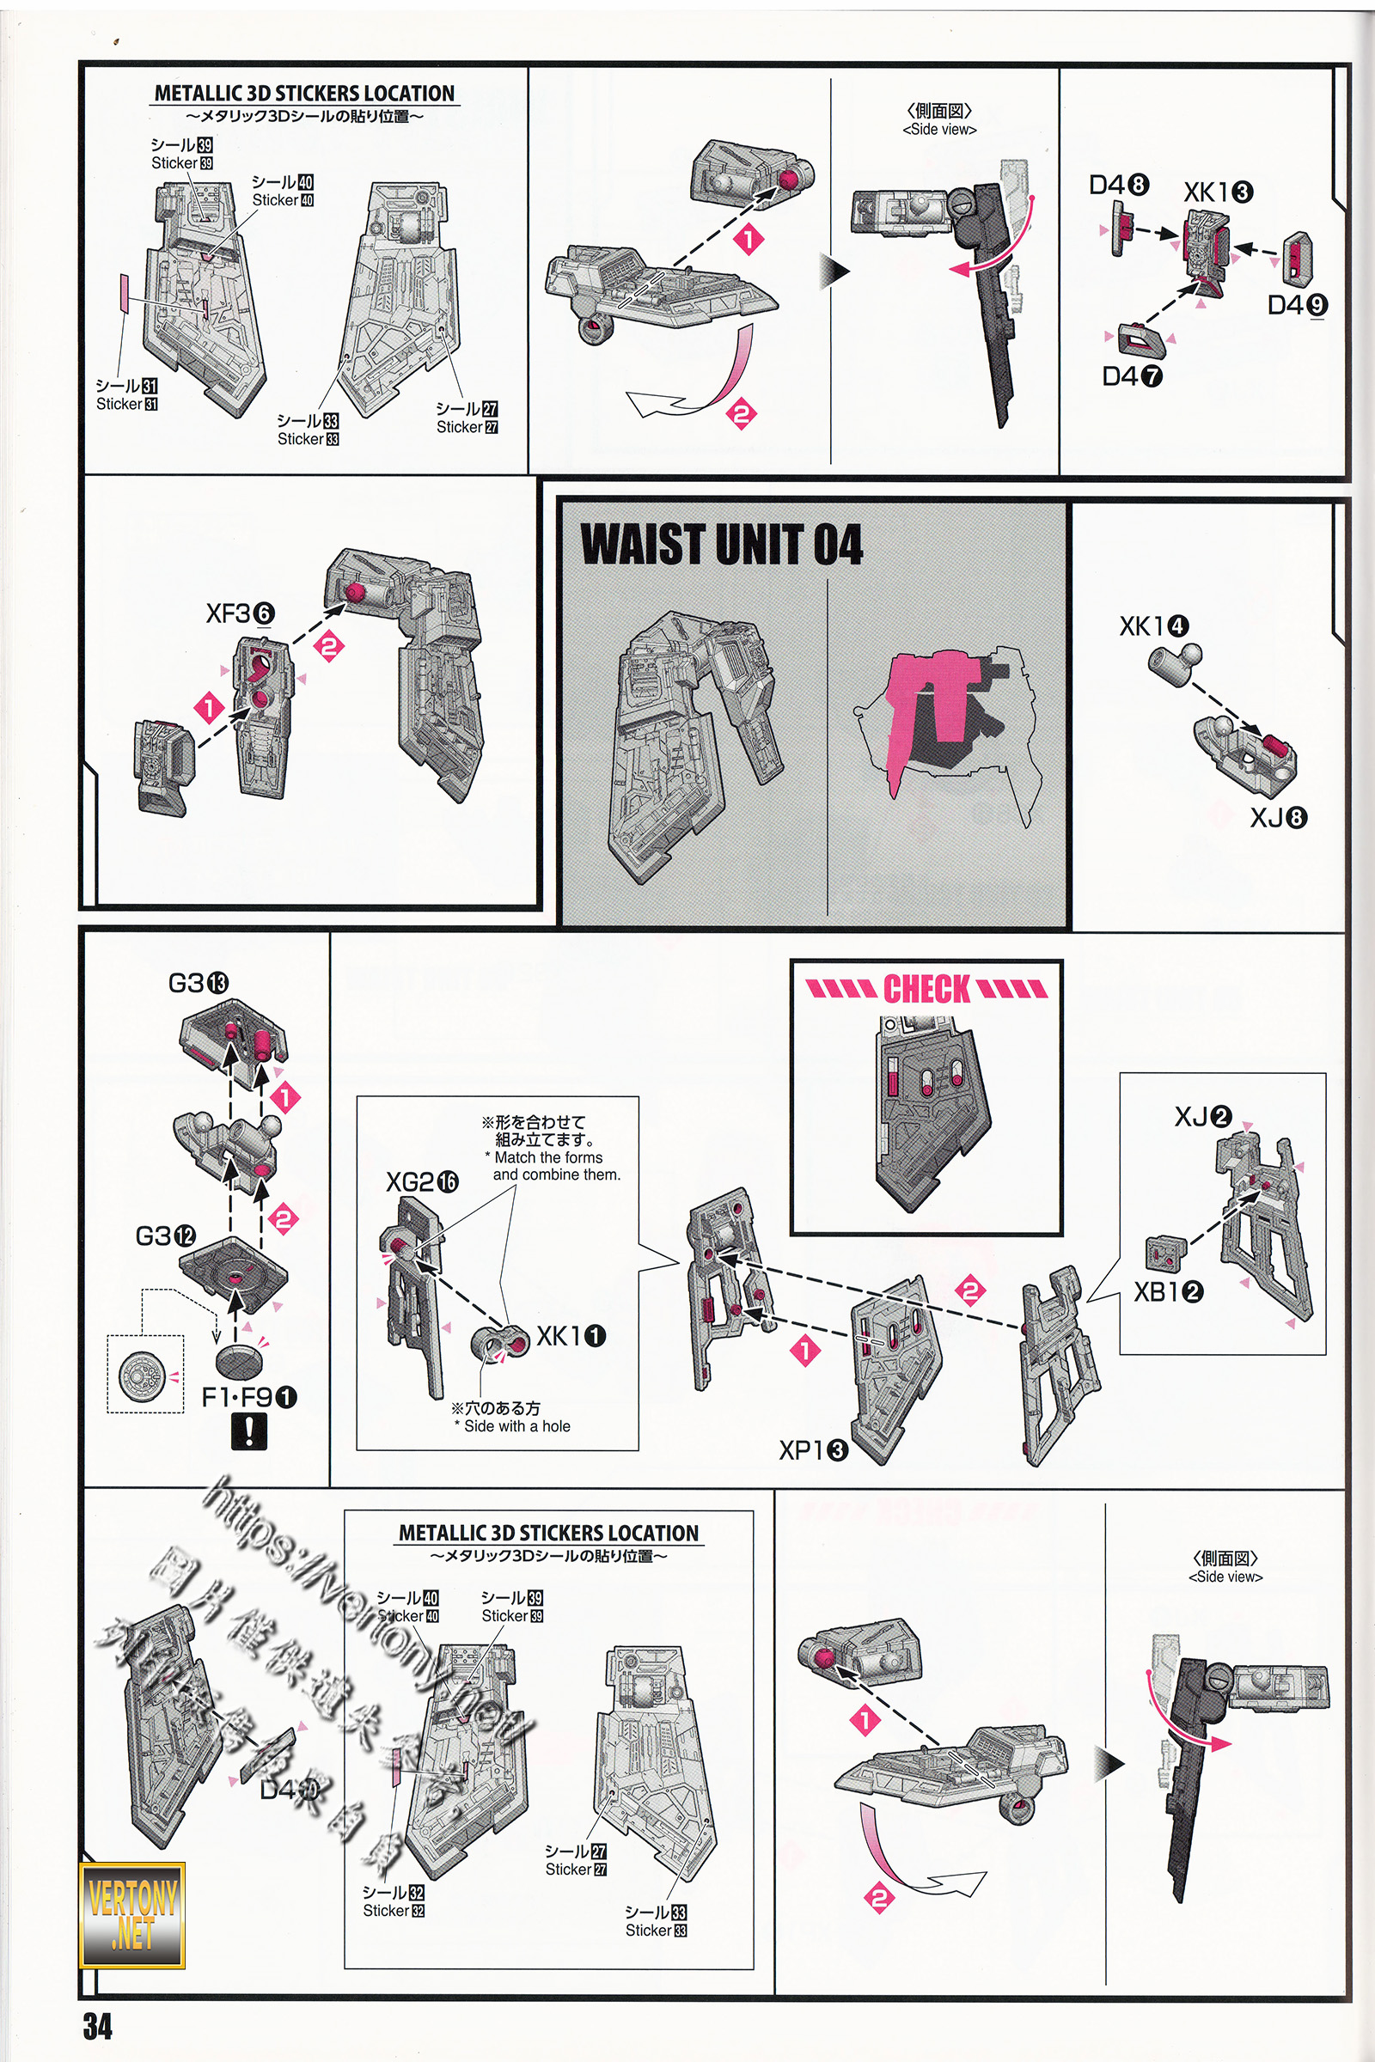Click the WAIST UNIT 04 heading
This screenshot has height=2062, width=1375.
click(x=721, y=545)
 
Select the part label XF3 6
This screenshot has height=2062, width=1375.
click(x=240, y=613)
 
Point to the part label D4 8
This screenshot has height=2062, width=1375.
click(x=1118, y=185)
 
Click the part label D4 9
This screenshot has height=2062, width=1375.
click(x=1297, y=305)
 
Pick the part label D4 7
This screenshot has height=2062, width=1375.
click(x=1131, y=376)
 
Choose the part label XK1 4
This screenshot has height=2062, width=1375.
click(x=1153, y=626)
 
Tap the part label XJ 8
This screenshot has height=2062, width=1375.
click(x=1278, y=818)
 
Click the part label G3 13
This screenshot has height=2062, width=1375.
click(x=199, y=984)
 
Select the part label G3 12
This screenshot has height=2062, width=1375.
click(x=165, y=1236)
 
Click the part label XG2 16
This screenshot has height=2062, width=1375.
click(x=422, y=1182)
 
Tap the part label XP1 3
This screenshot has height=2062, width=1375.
click(x=813, y=1451)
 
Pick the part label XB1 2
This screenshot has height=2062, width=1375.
click(x=1168, y=1291)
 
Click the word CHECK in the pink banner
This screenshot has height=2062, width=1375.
click(x=926, y=989)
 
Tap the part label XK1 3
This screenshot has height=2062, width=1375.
click(x=1218, y=192)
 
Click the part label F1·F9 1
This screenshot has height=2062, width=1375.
click(x=249, y=1398)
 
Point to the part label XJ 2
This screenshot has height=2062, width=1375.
click(x=1203, y=1117)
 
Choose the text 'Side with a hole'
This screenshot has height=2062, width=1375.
click(x=516, y=1426)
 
